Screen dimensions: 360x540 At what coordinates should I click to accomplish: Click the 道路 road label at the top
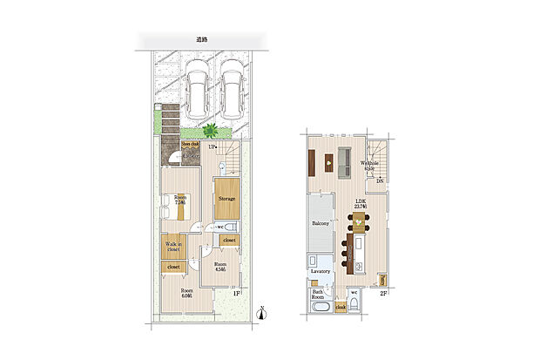pyautogui.click(x=201, y=40)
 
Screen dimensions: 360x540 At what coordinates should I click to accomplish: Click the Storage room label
pyautogui.click(x=226, y=199)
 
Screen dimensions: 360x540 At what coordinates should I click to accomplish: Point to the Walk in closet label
pyautogui.click(x=173, y=247)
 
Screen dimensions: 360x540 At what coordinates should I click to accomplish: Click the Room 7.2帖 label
pyautogui.click(x=180, y=200)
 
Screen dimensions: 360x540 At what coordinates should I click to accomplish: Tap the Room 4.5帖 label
pyautogui.click(x=221, y=267)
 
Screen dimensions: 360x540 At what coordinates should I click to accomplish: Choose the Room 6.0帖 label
pyautogui.click(x=186, y=293)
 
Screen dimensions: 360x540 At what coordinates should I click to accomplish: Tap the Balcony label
pyautogui.click(x=319, y=224)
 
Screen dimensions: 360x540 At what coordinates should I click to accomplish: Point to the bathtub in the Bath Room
pyautogui.click(x=320, y=310)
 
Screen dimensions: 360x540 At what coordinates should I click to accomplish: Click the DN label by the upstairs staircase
pyautogui.click(x=380, y=180)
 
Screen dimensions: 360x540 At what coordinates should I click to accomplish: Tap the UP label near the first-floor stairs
pyautogui.click(x=211, y=147)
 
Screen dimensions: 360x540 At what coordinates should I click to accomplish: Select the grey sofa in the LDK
pyautogui.click(x=344, y=160)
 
